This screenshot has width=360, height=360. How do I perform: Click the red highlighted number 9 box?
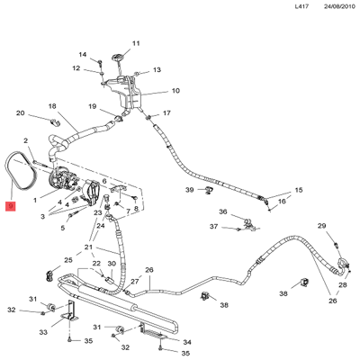point(11,206)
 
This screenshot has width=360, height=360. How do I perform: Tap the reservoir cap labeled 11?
point(117,58)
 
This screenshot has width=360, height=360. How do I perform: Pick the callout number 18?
point(52,106)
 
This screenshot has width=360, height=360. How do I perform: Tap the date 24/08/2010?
point(339,6)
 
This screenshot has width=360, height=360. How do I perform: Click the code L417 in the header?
point(301,6)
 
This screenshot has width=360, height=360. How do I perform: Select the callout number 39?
point(190,190)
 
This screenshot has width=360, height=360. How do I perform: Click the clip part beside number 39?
point(208,190)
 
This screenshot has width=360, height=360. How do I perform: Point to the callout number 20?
point(20,113)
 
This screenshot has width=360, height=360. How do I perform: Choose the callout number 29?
point(322,226)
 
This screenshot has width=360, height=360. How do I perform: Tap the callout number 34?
point(187,342)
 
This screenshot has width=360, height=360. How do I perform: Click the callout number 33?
point(43,332)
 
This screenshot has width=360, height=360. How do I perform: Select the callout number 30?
point(112,264)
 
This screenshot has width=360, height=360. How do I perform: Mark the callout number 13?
point(157,69)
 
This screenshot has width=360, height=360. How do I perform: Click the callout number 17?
point(166,112)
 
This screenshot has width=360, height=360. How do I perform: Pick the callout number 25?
point(68,260)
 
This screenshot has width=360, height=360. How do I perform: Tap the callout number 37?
point(213,226)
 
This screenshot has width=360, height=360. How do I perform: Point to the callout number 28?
point(343,284)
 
